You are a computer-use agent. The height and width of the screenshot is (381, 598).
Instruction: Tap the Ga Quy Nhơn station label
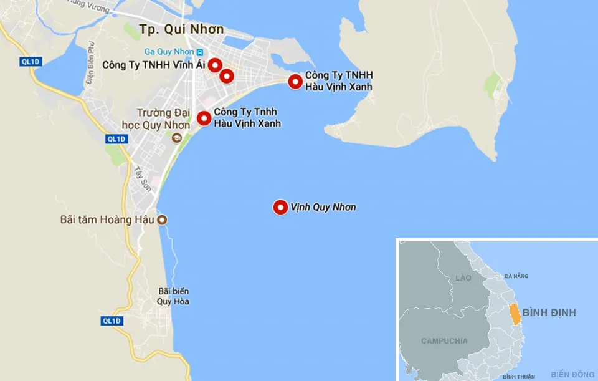point(169,51)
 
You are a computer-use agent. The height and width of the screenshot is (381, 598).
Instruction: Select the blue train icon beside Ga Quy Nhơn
point(199,51)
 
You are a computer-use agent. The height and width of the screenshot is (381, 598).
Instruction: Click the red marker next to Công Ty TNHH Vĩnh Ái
point(215,64)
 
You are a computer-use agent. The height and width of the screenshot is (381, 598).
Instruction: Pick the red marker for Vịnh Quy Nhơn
point(280,208)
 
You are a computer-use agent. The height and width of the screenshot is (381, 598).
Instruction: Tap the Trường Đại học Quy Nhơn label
point(163,118)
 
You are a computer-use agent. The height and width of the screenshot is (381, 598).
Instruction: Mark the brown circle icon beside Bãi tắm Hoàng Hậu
point(162,219)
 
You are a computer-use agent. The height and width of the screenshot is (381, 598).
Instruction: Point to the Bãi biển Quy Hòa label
point(173,296)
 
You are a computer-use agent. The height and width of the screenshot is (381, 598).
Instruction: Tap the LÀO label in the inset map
point(463,277)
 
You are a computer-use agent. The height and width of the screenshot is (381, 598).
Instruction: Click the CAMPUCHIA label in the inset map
point(444,341)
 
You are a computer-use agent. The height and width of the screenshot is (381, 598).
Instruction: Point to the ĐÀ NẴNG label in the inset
point(516,276)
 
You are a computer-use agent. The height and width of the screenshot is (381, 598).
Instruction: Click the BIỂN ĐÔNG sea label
point(572,374)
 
